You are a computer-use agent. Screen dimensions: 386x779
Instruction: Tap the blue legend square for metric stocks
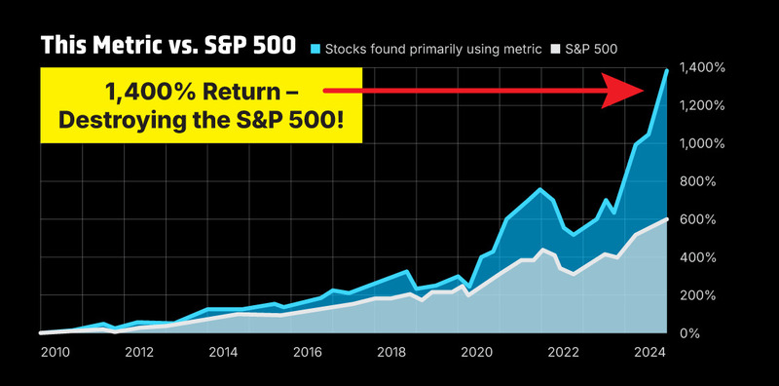(315, 47)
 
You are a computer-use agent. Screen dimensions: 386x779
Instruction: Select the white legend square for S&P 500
(556, 47)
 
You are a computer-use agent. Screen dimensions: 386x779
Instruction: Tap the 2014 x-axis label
(223, 353)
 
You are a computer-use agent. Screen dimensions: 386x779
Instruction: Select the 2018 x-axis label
(391, 353)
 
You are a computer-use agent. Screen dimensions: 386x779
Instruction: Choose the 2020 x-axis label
(475, 353)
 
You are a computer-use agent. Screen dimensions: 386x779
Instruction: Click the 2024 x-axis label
(644, 353)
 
